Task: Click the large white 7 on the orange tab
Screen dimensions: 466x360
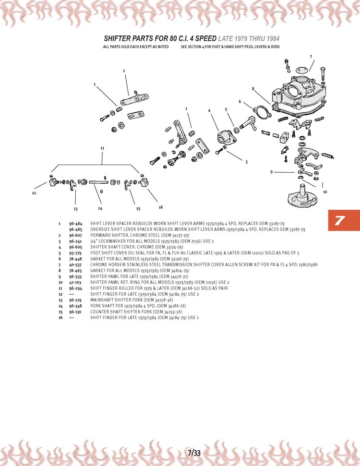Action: coord(340,220)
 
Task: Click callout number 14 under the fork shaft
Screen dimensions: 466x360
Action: coord(100,208)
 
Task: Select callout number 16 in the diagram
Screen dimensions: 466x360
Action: coord(161,207)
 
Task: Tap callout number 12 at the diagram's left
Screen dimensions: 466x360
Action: coord(34,193)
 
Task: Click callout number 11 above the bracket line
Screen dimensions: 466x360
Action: coord(102,148)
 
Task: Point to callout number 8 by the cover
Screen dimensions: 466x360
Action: coord(253,88)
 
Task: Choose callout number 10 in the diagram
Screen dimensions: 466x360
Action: coord(325,192)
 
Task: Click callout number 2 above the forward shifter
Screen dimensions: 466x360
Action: coord(124,71)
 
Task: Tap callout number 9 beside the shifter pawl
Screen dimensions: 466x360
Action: coord(272,172)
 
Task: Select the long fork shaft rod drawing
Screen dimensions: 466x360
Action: coord(99,181)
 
